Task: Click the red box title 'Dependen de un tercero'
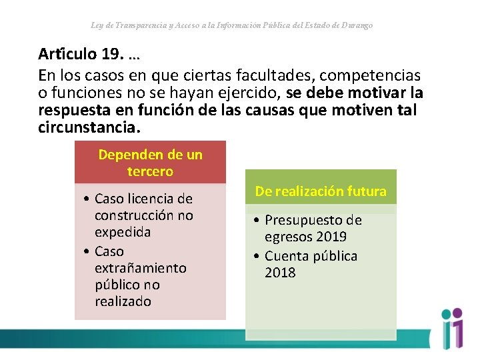pos(150,163)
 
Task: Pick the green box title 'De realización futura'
pos(321,191)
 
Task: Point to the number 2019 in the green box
pos(332,237)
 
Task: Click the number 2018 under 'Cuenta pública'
pos(280,273)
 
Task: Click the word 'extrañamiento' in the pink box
pos(140,268)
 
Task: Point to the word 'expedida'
pos(123,232)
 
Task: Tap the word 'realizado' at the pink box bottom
pos(123,301)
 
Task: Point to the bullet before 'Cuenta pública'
pos(257,256)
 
